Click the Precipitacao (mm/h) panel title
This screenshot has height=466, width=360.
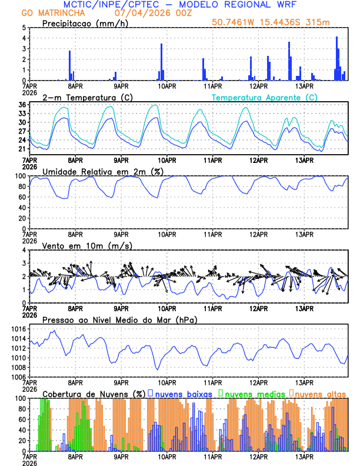pos(84,23)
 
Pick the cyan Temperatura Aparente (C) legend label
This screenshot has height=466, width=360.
pos(264,97)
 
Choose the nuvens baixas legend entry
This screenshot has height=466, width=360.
pos(183,393)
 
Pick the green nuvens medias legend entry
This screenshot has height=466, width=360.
pos(254,393)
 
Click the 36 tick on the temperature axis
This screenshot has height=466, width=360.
pos(21,105)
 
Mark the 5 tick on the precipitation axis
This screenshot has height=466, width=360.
pos(23,28)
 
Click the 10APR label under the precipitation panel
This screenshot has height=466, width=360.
pos(166,86)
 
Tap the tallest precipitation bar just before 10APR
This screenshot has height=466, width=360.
pos(161,62)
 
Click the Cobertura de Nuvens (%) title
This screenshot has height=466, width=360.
pos(94,393)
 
